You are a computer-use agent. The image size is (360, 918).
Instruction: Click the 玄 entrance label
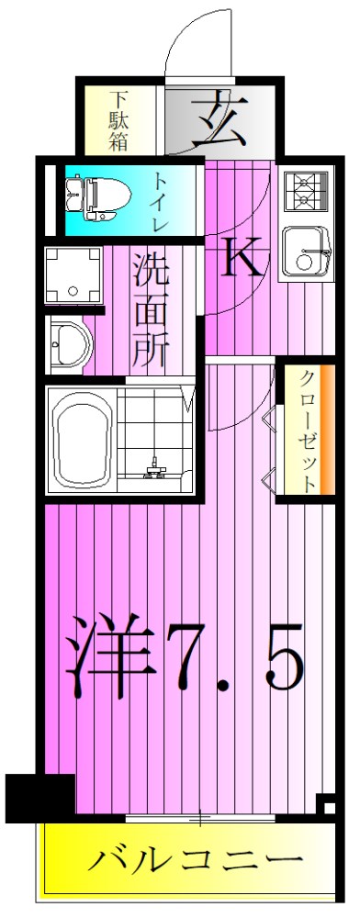click(219, 119)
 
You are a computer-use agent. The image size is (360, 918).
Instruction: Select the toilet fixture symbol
click(90, 198)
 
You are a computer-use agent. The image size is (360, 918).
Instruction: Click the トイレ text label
click(160, 200)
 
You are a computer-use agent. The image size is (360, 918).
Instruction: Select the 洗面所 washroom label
click(150, 309)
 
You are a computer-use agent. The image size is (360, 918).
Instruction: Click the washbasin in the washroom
click(70, 346)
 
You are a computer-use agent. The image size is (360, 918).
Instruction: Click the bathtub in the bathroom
click(83, 437)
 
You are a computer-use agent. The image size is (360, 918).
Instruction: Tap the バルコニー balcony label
click(196, 861)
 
